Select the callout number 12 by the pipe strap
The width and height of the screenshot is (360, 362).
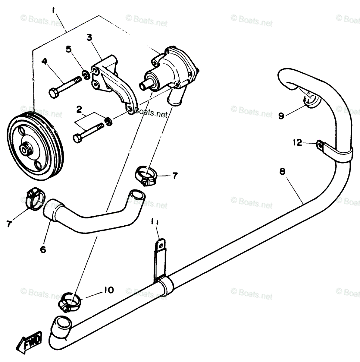[298, 142]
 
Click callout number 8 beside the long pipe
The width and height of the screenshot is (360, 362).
[282, 172]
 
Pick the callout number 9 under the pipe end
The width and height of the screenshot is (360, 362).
[281, 116]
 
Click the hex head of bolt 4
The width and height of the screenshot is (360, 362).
[53, 93]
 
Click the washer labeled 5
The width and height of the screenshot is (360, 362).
[85, 74]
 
